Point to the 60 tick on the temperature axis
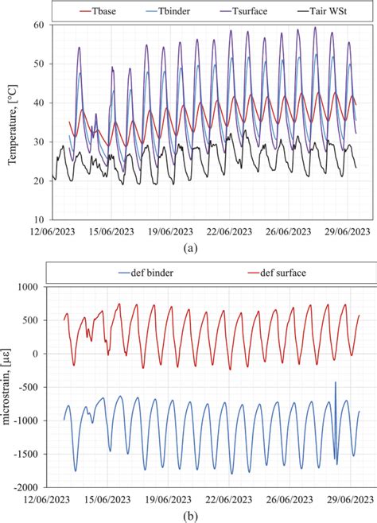click(x=36, y=25)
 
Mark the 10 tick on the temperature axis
click(x=36, y=219)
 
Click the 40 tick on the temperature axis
click(x=36, y=103)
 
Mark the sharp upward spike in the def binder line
click(x=335, y=384)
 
